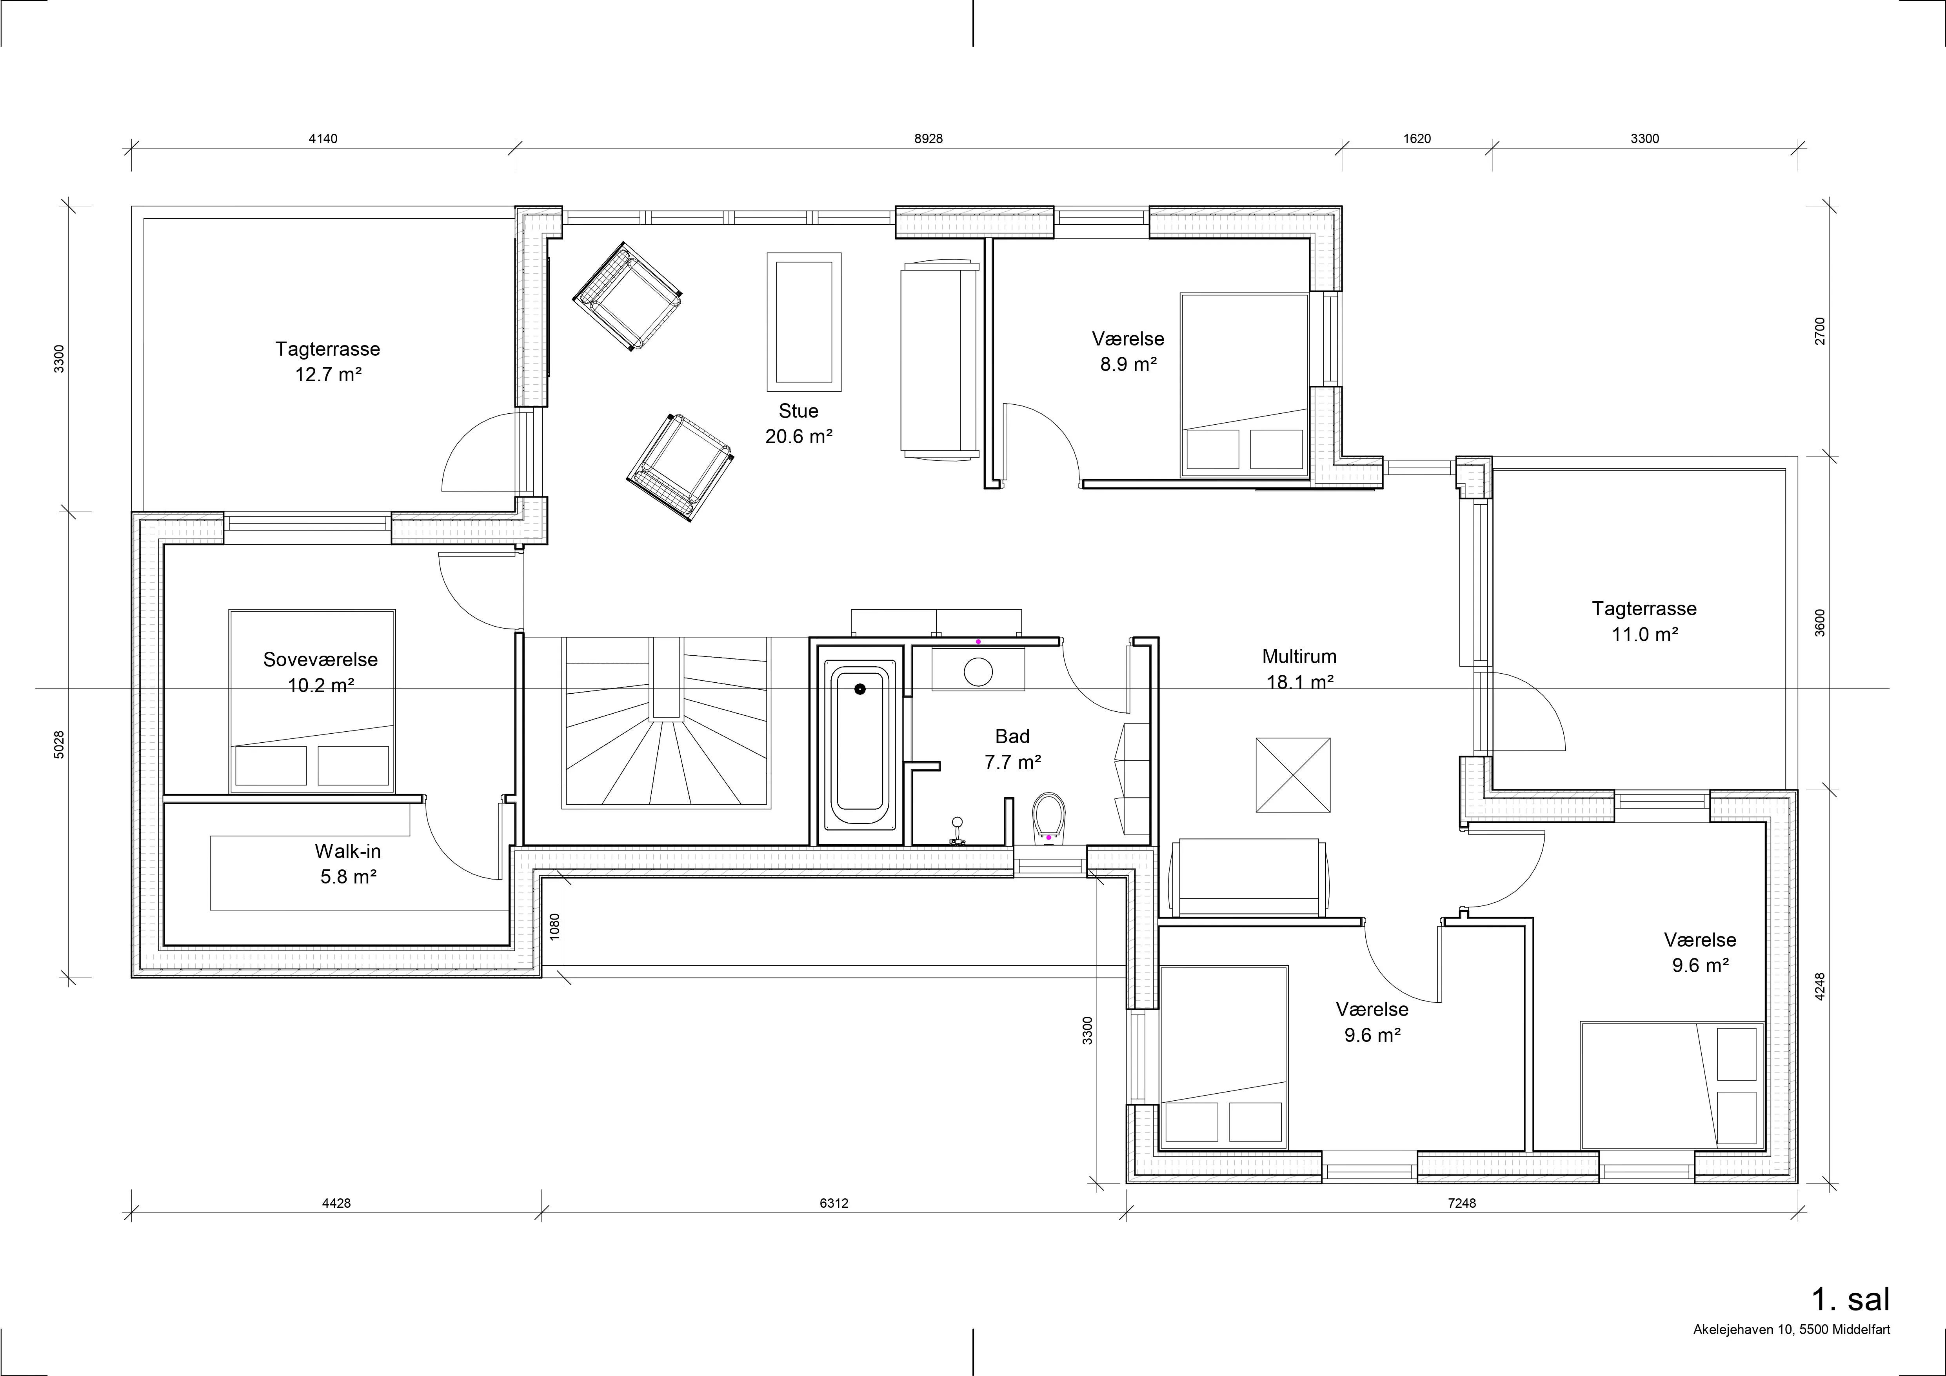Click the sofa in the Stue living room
[939, 360]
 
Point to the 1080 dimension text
[555, 925]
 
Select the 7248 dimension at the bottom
[1462, 1203]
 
